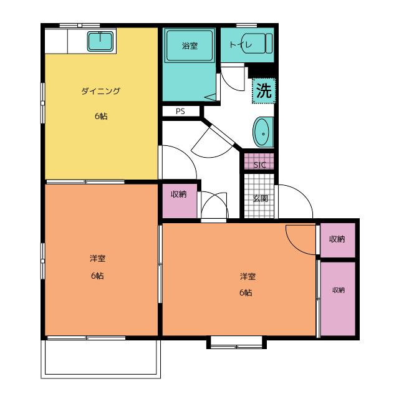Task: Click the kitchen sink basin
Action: pyautogui.click(x=100, y=41)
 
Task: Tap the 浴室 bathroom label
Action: pyautogui.click(x=190, y=46)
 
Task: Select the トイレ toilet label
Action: pyautogui.click(x=241, y=45)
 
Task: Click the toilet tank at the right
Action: pyautogui.click(x=269, y=43)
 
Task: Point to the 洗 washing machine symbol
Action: pyautogui.click(x=264, y=90)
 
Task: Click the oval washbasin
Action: pyautogui.click(x=263, y=132)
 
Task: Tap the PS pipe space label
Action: pyautogui.click(x=180, y=112)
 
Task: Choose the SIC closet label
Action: pyautogui.click(x=260, y=165)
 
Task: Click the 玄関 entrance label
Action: pyautogui.click(x=261, y=198)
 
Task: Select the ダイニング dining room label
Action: pyautogui.click(x=100, y=91)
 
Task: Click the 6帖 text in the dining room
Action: pyautogui.click(x=101, y=116)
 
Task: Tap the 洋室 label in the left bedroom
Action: pyautogui.click(x=97, y=258)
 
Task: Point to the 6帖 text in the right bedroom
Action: pyautogui.click(x=246, y=292)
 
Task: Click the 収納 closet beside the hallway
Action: pyautogui.click(x=180, y=201)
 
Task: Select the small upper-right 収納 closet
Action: pyautogui.click(x=338, y=240)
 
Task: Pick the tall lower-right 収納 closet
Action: pyautogui.click(x=338, y=299)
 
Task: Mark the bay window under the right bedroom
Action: pyautogui.click(x=236, y=342)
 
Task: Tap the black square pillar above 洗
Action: pyautogui.click(x=262, y=70)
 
